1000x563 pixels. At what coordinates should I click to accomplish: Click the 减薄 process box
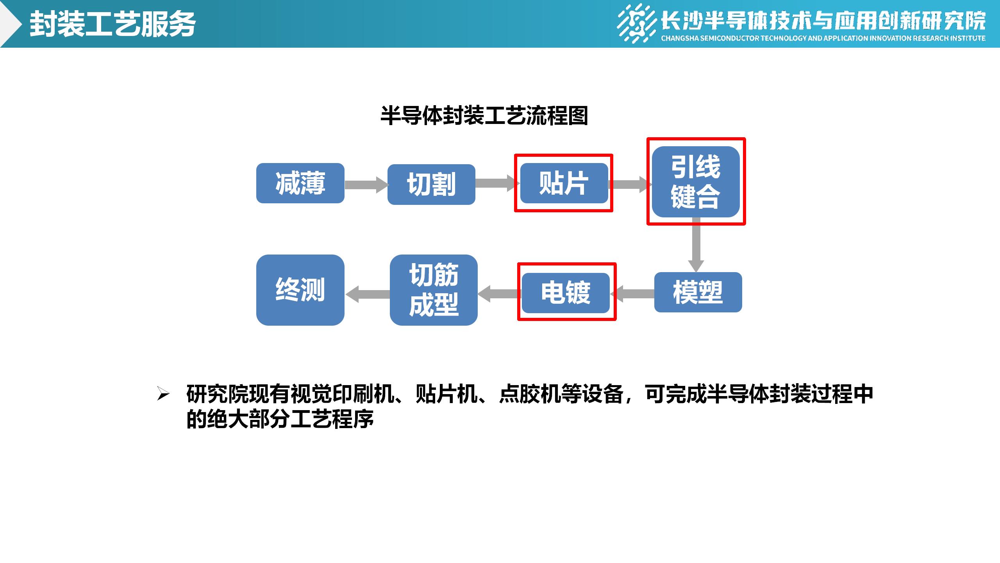300,183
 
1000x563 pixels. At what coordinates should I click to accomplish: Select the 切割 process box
431,184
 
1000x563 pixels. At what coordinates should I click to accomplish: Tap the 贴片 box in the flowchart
564,183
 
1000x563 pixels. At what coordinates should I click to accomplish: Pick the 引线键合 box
696,182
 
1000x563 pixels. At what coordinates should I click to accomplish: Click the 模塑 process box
698,292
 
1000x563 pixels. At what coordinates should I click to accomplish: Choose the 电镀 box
566,293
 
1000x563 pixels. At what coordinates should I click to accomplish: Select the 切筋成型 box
434,290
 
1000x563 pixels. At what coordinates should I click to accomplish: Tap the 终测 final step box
300,290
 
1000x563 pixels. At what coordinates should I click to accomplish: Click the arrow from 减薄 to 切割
366,185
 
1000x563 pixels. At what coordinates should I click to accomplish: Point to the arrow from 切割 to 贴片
496,183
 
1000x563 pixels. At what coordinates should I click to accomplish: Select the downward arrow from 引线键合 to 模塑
696,245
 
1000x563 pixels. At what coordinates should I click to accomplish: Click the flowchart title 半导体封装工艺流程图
484,116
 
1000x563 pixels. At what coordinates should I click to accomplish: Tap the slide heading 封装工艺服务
112,24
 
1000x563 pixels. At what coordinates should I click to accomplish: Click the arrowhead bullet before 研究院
163,394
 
